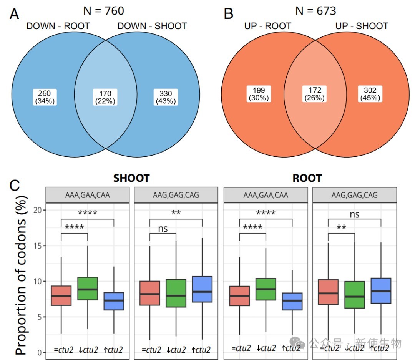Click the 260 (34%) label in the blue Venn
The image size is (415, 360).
click(x=45, y=97)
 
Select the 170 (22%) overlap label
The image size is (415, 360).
click(x=105, y=97)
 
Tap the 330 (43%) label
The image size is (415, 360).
click(x=166, y=97)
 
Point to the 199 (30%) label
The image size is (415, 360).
click(x=259, y=94)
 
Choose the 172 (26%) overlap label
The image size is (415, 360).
click(x=314, y=94)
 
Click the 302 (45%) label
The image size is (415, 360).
click(x=370, y=94)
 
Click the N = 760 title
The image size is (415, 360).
click(x=104, y=11)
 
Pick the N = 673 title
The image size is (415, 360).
click(x=316, y=11)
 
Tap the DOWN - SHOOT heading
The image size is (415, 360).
click(x=152, y=26)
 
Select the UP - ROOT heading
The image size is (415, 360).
click(x=267, y=26)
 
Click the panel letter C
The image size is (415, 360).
click(x=15, y=185)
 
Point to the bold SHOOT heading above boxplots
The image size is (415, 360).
click(x=131, y=178)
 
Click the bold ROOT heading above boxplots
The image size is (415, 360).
click(x=307, y=178)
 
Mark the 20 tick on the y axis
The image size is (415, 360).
click(x=37, y=210)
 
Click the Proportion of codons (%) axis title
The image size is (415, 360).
click(x=21, y=275)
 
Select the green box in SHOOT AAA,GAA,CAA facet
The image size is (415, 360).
click(x=88, y=289)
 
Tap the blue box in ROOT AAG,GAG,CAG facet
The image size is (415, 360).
click(x=381, y=290)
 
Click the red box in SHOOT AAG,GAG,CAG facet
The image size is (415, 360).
click(x=150, y=293)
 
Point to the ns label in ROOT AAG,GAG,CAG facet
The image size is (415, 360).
click(x=355, y=214)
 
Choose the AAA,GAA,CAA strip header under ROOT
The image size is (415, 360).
click(x=266, y=195)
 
